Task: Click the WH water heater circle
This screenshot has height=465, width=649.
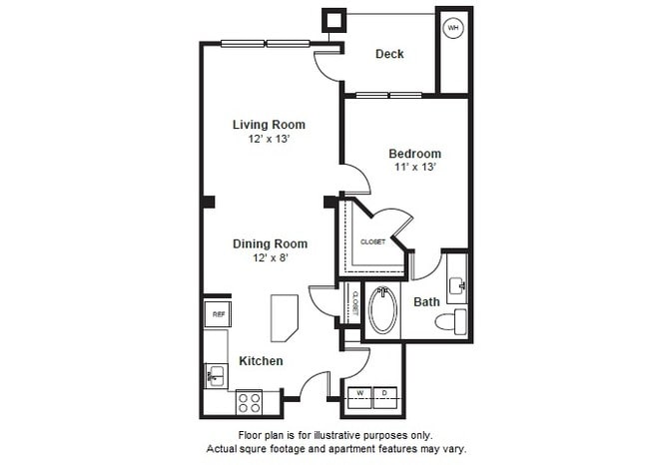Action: tap(453, 28)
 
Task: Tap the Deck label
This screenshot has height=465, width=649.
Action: tap(389, 54)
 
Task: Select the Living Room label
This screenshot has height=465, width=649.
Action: tap(269, 125)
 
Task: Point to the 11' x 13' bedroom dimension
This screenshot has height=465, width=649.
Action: tap(414, 168)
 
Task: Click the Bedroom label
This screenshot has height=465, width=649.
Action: tap(414, 154)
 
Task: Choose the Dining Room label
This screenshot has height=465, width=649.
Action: tap(270, 243)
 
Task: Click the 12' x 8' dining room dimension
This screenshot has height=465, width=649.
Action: tap(270, 257)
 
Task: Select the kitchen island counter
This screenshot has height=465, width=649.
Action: tap(284, 317)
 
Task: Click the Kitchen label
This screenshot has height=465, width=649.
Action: tap(260, 360)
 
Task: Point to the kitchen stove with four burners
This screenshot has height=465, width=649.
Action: tap(249, 403)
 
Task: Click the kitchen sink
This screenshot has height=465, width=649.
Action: tap(216, 375)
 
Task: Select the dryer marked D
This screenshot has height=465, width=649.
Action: tap(384, 393)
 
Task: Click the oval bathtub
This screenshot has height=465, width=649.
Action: tap(381, 310)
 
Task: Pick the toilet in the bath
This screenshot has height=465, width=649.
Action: tap(458, 321)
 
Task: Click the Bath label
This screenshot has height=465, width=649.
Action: tap(426, 301)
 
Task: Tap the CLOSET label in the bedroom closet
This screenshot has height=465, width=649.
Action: tap(372, 241)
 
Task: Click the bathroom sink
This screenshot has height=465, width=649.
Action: tap(457, 286)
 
